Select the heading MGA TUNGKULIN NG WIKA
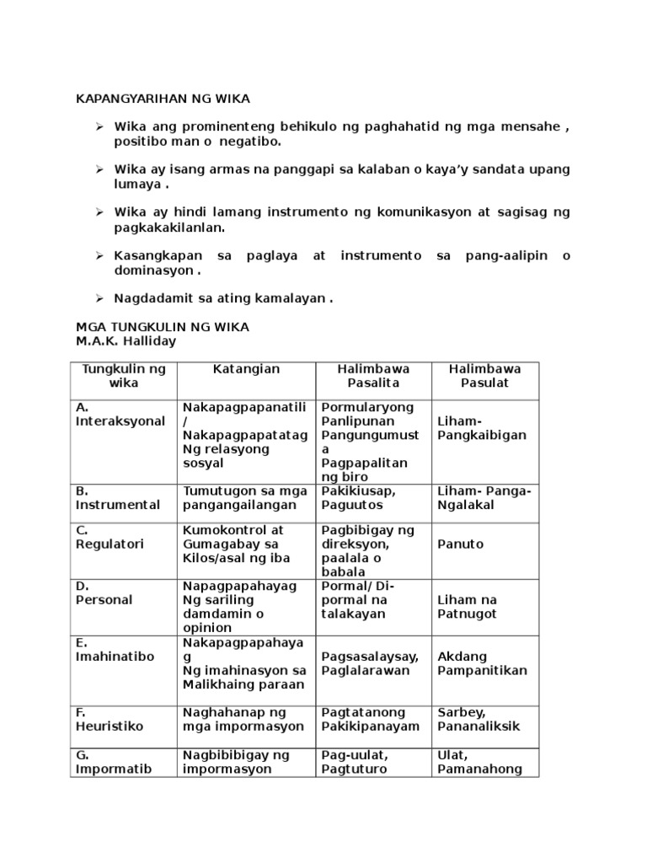162,326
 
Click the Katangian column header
246,369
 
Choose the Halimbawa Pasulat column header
484,376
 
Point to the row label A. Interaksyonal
120,414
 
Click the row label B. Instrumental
117,498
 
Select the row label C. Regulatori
109,537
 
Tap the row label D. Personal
104,592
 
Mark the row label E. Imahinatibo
115,649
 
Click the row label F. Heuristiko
110,719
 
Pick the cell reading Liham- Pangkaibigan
482,428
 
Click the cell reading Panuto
461,544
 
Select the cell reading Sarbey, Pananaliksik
479,719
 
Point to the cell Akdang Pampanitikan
483,663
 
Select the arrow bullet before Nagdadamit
99,298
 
